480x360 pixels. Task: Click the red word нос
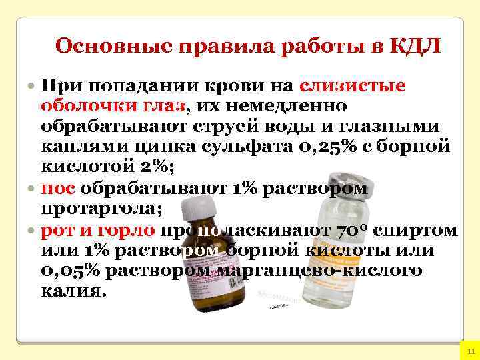tap(53, 189)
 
